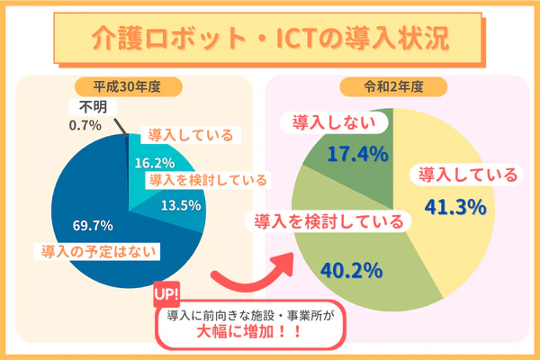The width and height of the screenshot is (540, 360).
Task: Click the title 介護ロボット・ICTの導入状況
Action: (270, 38)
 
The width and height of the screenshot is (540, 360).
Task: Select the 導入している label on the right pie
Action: (463, 175)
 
